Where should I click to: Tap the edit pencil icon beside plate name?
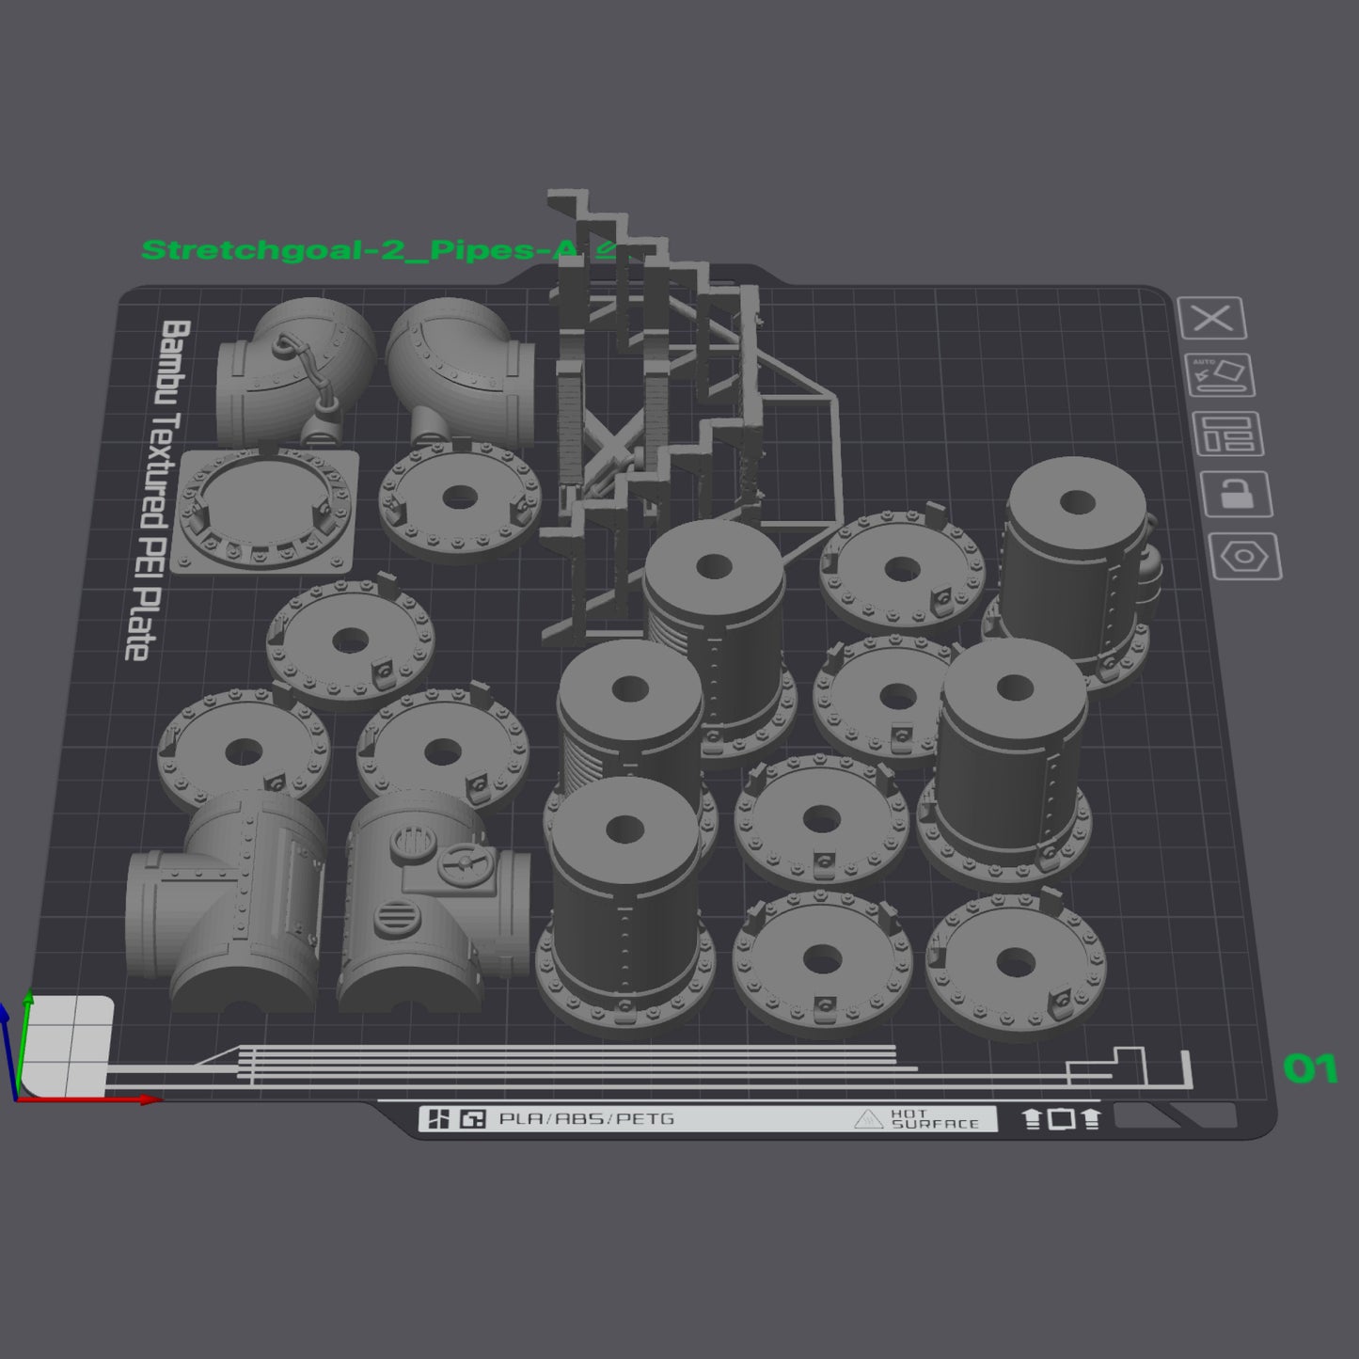(607, 249)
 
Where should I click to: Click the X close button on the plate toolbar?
(1212, 319)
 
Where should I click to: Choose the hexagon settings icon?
(1245, 557)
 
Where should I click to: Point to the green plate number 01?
(1310, 1068)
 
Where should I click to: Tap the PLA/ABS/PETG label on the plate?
(587, 1119)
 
